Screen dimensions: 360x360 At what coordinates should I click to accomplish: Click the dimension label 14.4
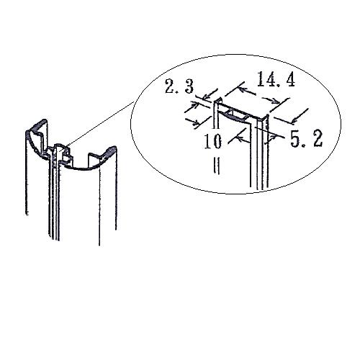276,78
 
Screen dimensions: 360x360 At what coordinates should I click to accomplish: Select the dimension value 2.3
179,86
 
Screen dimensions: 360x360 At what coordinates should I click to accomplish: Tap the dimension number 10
213,141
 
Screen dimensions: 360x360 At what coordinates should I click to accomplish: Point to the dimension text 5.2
307,139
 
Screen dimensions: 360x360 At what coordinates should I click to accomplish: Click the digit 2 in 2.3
171,86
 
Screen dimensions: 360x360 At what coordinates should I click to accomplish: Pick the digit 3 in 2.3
189,86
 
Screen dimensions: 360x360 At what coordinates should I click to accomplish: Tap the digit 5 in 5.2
295,139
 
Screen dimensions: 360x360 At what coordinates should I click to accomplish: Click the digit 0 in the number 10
217,142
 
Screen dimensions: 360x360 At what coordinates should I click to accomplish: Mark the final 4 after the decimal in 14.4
290,79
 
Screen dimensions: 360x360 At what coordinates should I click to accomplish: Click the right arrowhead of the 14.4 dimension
276,102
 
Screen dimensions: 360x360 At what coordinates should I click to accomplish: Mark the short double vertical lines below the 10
217,166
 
